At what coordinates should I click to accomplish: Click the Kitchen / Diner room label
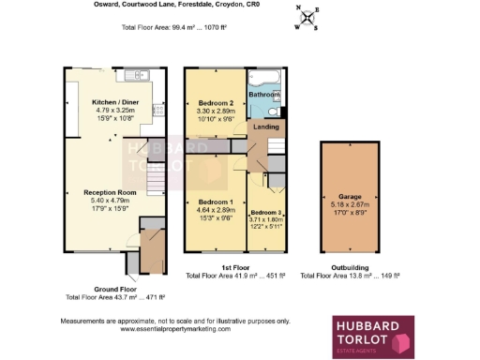[115, 102]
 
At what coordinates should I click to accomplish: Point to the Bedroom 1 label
[215, 202]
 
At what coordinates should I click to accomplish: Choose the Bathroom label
[264, 95]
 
